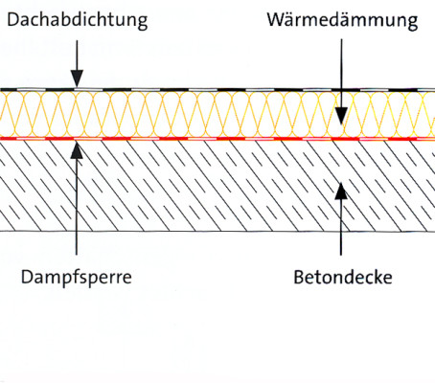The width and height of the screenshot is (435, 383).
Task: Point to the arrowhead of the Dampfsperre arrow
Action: coord(76,147)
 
